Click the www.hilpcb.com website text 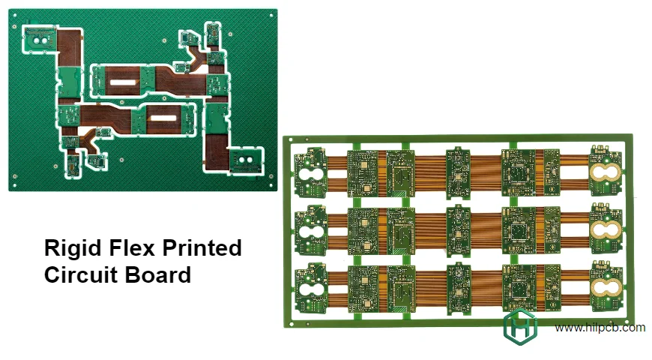click(600, 327)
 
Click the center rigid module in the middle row click(457, 231)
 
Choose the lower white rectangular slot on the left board click(162, 118)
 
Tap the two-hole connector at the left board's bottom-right click(245, 159)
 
